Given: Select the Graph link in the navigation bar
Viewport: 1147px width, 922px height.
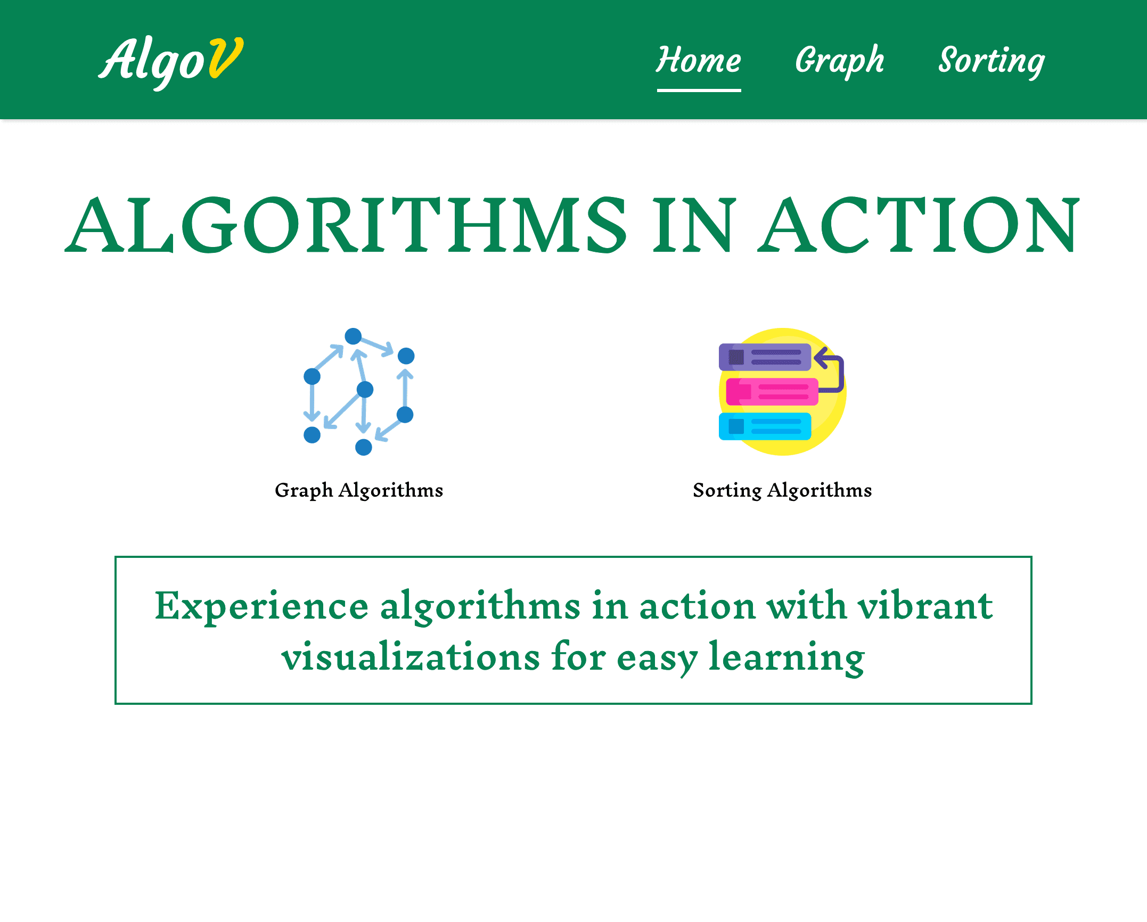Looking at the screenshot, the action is tap(839, 61).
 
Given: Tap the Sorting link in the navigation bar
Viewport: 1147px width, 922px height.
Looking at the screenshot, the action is tap(992, 62).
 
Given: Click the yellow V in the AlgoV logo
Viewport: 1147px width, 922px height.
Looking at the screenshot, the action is tap(226, 57).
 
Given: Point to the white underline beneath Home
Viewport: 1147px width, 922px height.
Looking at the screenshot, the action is tap(699, 90).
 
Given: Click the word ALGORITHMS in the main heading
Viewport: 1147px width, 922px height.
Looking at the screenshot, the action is tap(346, 225).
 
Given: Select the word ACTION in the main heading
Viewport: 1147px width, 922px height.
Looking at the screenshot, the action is tap(919, 225).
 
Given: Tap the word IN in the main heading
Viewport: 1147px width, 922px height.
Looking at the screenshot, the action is tap(694, 225).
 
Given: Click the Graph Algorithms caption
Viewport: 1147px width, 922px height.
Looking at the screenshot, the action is tap(359, 490).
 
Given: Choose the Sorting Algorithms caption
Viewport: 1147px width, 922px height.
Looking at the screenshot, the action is tap(782, 490).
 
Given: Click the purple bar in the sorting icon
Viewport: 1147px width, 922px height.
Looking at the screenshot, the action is tap(765, 357).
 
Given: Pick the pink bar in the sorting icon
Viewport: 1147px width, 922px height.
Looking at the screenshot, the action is tap(772, 392).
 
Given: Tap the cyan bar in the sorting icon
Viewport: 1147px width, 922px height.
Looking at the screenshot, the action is tap(765, 426).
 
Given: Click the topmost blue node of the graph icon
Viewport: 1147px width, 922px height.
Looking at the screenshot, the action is tap(353, 336).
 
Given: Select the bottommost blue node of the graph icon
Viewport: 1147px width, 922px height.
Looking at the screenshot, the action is tap(364, 447).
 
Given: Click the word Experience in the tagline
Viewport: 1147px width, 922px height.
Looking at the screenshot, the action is tap(261, 607).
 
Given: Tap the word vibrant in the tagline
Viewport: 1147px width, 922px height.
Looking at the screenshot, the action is tap(925, 606).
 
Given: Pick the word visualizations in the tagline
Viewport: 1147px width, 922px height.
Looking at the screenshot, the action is tap(411, 657).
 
